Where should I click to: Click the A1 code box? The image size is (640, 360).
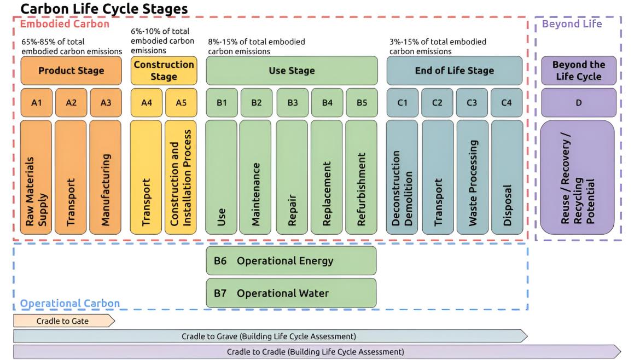click(36, 103)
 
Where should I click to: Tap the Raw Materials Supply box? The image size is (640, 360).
click(36, 178)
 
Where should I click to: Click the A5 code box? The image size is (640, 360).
click(181, 103)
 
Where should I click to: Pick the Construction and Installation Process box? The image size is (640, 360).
click(181, 178)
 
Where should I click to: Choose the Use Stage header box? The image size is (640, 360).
click(292, 71)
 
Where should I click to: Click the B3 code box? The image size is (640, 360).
click(293, 103)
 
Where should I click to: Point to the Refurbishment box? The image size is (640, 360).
click(362, 178)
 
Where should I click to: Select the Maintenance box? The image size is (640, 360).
click(256, 178)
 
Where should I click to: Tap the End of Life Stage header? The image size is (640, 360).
click(454, 71)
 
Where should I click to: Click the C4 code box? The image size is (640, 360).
click(507, 103)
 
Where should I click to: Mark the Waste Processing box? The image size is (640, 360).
click(472, 178)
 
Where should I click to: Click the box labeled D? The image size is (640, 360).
click(578, 103)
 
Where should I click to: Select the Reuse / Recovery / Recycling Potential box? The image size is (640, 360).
click(578, 178)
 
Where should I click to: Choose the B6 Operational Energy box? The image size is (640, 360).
click(292, 260)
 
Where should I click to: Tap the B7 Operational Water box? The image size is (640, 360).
click(292, 293)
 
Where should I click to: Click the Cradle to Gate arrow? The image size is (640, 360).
click(63, 321)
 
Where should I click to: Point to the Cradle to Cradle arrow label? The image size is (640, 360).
click(316, 351)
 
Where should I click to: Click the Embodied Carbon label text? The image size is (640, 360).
click(65, 24)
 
